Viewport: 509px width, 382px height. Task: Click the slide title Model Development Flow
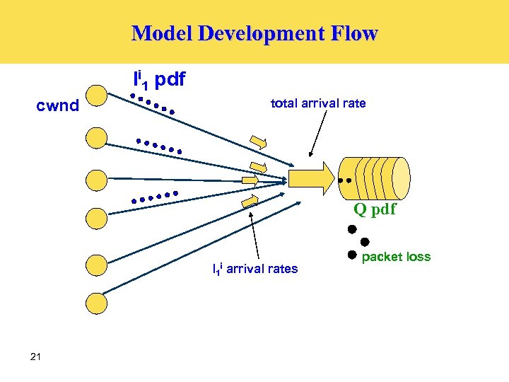255,33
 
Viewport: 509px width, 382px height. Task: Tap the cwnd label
58,107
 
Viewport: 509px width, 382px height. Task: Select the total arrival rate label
318,103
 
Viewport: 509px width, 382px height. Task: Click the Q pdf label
375,209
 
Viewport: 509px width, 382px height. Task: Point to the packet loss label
396,257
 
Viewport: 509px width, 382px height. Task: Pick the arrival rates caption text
255,269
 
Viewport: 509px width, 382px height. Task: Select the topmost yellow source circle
96,96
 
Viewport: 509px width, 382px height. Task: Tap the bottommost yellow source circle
96,303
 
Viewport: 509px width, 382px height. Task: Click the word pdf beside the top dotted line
170,80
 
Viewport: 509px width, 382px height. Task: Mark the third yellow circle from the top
96,179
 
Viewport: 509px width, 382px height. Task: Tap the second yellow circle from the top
96,137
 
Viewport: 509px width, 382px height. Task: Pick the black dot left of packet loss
351,255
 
